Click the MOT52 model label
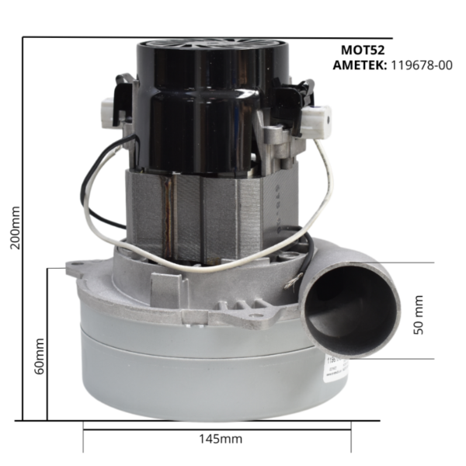click(363, 50)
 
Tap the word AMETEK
click(360, 65)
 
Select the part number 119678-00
click(422, 65)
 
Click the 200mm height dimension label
click(15, 228)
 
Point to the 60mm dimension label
click(40, 356)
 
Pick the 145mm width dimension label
click(221, 439)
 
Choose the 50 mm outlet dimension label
click(419, 315)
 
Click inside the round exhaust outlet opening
click(351, 311)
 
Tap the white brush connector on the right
click(317, 119)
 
